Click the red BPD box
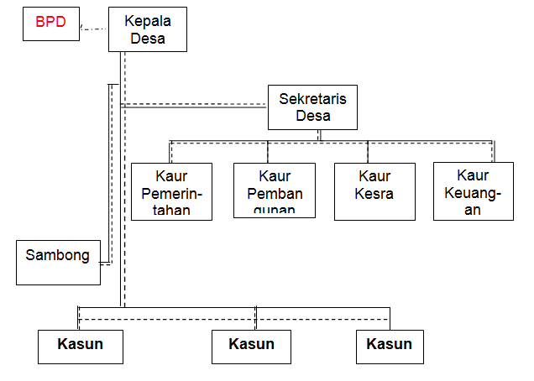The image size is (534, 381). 50,26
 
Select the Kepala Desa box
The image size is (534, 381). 148,29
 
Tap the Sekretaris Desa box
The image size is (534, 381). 312,107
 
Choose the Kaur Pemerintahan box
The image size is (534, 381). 172,190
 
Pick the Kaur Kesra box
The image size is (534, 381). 374,190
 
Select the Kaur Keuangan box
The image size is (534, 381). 474,190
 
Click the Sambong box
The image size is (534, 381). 58,262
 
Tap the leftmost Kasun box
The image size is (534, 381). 81,346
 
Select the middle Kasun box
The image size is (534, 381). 251,346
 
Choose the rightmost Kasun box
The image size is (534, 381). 390,346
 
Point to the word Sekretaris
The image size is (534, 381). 312,99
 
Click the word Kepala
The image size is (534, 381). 148,21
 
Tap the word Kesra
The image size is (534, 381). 374,194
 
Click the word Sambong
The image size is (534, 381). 58,255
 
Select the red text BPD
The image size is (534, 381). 50,22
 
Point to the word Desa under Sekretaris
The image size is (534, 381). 312,116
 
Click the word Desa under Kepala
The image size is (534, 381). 148,38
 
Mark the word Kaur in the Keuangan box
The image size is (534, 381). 474,175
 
